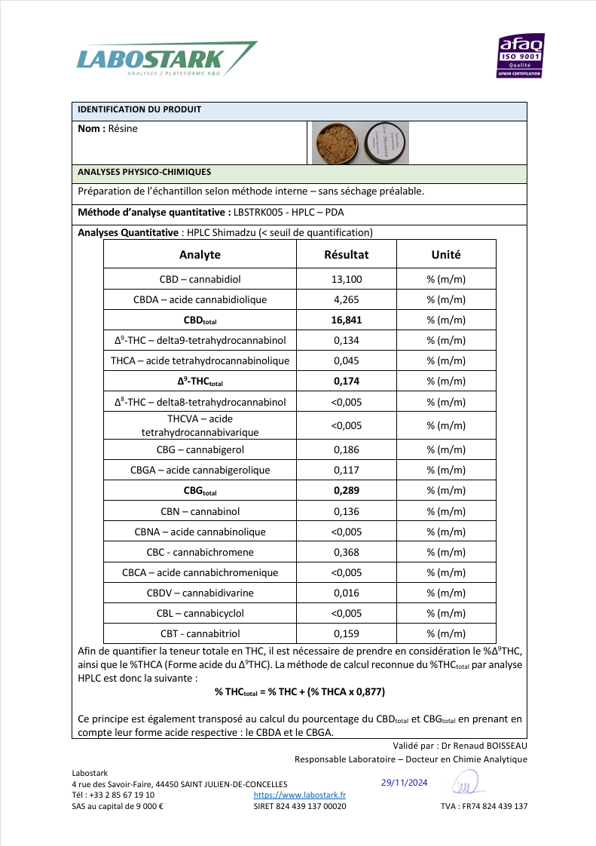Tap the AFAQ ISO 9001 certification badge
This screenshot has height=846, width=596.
pos(521,56)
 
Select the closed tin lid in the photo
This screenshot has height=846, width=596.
pos(385,142)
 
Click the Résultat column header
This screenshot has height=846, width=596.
pos(347,255)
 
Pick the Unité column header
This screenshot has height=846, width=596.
pos(446,255)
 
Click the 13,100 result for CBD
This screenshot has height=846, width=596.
pos(347,279)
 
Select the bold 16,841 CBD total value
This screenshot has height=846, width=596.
pos(347,320)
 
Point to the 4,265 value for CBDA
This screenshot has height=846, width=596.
pos(347,299)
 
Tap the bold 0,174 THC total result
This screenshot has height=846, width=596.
pos(347,381)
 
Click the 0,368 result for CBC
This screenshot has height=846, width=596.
pos(347,552)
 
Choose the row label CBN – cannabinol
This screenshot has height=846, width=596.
pos(200,511)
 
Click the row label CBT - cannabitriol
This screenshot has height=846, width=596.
pos(200,633)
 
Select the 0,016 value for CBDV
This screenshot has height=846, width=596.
pos(347,593)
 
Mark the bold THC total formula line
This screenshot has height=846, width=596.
pos(300,691)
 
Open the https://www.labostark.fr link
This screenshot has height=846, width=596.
pos(300,795)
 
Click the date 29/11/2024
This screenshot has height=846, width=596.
pos(405,783)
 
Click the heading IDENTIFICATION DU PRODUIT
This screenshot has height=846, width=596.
pos(139,110)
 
